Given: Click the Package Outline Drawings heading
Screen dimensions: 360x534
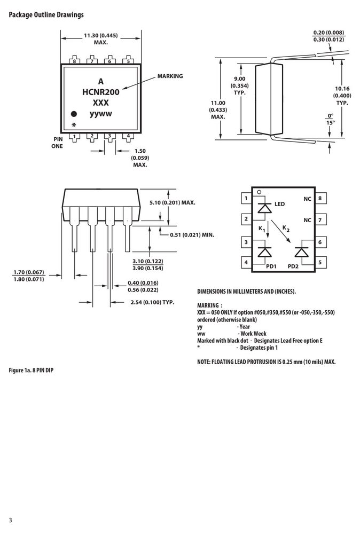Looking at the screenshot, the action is point(46,14).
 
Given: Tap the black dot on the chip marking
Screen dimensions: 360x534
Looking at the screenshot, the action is point(74,114).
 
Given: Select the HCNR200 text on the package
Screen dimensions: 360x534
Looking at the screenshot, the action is point(101,92).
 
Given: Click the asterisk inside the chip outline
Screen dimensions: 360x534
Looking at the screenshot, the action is point(74,125).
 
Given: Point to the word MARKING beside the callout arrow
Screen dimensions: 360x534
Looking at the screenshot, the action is point(170,76).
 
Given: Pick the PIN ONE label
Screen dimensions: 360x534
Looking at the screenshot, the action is point(57,143).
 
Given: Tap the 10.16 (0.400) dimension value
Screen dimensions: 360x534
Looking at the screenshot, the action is point(342,92).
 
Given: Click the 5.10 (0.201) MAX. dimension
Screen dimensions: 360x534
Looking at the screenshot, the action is point(173,202).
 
